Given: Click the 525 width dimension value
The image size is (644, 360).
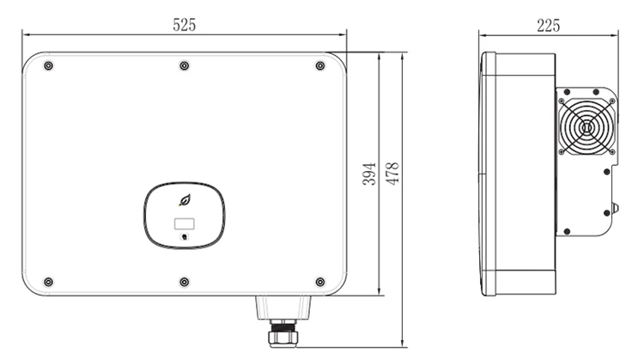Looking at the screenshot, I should pyautogui.click(x=185, y=25).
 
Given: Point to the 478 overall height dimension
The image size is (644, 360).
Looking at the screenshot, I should pyautogui.click(x=392, y=174).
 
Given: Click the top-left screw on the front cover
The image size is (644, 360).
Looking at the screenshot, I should pyautogui.click(x=48, y=66).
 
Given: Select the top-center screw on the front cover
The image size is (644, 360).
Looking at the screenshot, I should pyautogui.click(x=184, y=66).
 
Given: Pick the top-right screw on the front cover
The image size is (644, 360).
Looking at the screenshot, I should pyautogui.click(x=320, y=66).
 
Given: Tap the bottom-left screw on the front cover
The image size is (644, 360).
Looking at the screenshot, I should pyautogui.click(x=48, y=282).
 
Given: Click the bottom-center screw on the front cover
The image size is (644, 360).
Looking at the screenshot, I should pyautogui.click(x=184, y=282).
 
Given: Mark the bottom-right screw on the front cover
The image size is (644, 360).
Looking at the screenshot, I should pyautogui.click(x=320, y=282).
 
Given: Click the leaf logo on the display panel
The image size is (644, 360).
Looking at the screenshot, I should pyautogui.click(x=185, y=201).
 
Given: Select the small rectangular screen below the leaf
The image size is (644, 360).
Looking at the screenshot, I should pyautogui.click(x=185, y=225).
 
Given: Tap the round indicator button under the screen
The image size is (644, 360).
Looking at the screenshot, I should pyautogui.click(x=185, y=237).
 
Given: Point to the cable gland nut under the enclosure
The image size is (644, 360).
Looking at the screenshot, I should pyautogui.click(x=283, y=327).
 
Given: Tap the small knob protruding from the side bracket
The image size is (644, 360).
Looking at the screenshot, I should pyautogui.click(x=614, y=209).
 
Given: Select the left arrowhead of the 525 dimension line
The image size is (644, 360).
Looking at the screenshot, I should pyautogui.click(x=26, y=35).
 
